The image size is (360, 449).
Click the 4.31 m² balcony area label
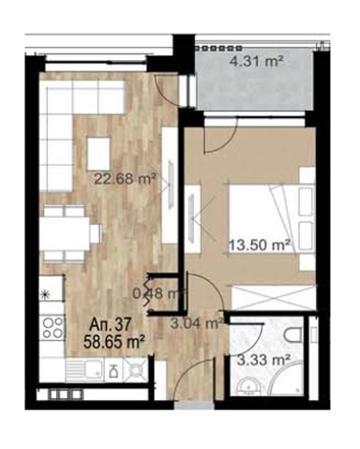256,61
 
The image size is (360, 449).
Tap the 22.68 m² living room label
125,179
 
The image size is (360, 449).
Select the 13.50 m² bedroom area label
259,245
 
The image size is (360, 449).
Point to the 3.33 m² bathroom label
262,361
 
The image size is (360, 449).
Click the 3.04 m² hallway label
197,322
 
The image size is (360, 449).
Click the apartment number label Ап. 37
110,325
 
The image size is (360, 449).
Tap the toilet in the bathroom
293,335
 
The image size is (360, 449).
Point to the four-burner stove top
52,327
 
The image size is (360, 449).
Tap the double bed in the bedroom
271,218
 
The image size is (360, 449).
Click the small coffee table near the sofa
98,153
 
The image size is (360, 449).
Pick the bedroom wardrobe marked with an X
273,297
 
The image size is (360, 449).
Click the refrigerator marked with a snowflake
52,293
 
